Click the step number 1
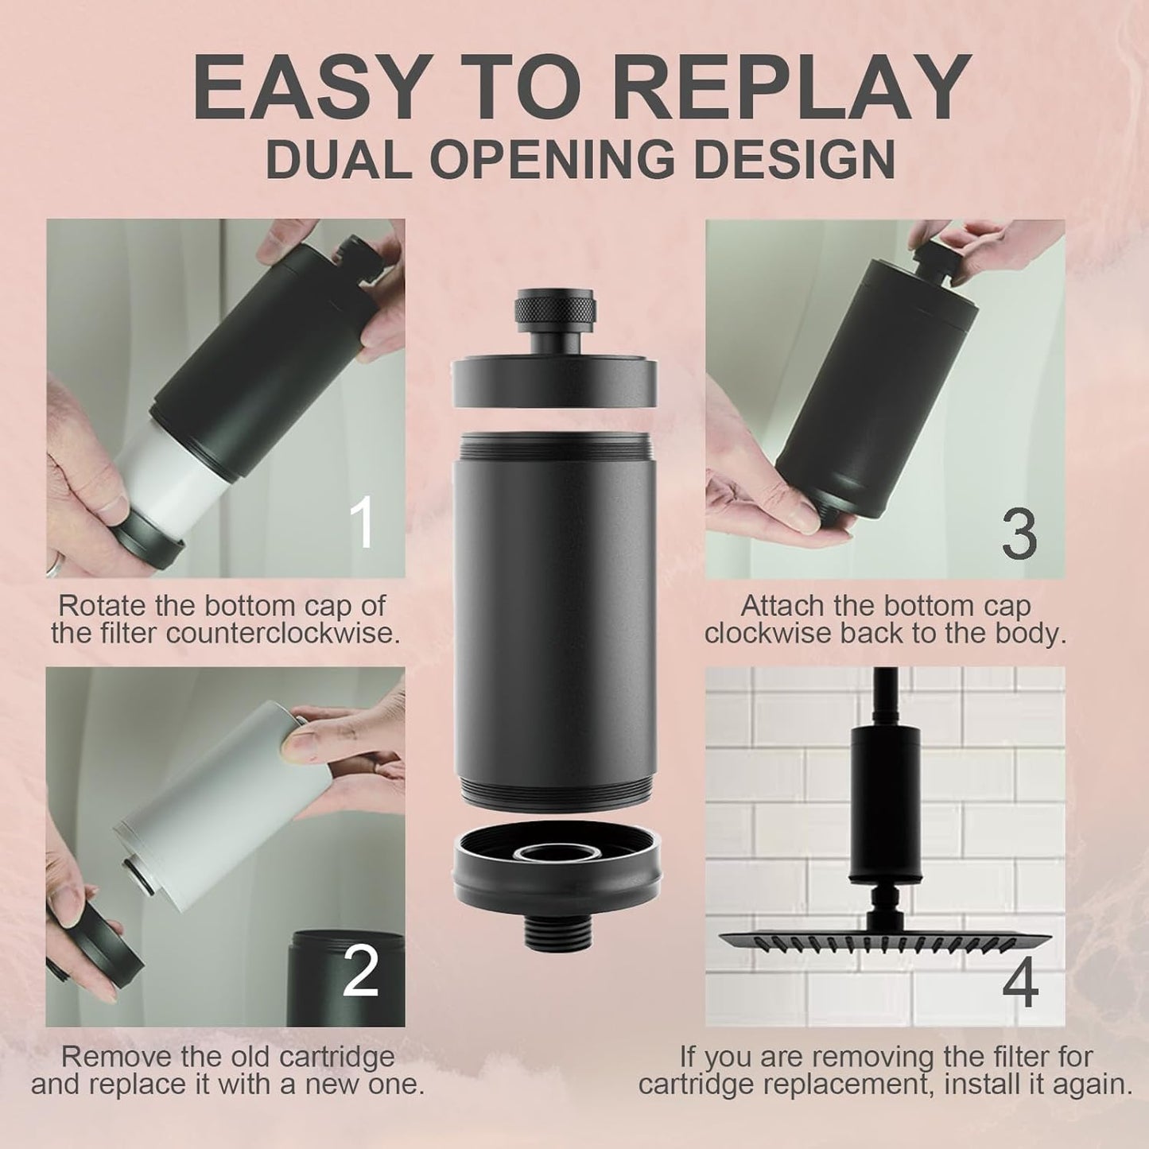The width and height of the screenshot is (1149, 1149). pos(362,523)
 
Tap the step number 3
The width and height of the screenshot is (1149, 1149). pos(1019,534)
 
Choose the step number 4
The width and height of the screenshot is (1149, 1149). pos(1019,984)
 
